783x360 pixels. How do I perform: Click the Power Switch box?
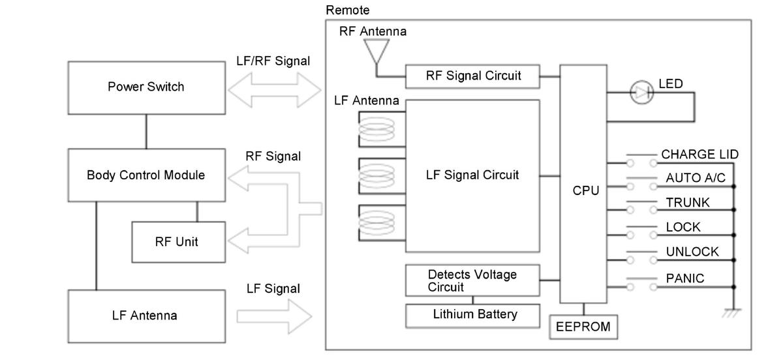click(146, 88)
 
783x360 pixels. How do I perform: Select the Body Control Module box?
click(146, 175)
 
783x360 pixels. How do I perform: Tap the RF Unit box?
click(178, 242)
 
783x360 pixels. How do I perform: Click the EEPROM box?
click(583, 327)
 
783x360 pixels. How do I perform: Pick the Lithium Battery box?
click(472, 316)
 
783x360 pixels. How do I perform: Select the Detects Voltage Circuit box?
click(472, 280)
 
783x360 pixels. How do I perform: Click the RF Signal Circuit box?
click(472, 76)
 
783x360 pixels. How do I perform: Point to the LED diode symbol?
click(641, 92)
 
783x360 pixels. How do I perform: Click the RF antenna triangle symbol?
click(376, 51)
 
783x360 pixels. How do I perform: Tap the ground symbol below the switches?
click(732, 313)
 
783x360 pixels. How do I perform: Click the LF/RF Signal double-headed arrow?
click(275, 90)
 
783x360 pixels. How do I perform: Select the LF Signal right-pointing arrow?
click(274, 316)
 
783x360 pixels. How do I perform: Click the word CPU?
click(585, 190)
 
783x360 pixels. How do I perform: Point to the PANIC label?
click(684, 278)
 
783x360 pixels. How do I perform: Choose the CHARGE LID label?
click(699, 154)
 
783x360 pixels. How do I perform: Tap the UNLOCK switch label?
click(692, 251)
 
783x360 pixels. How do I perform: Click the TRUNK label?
click(688, 202)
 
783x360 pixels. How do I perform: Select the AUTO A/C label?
click(696, 178)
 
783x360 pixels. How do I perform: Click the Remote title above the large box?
click(347, 10)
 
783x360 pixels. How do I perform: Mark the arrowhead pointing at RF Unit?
click(238, 241)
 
